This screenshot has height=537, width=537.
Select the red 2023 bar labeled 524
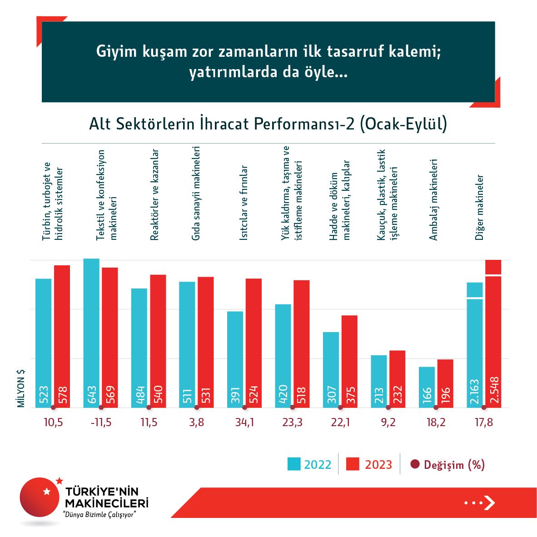coord(254,343)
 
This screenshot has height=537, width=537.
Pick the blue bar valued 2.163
coord(475,345)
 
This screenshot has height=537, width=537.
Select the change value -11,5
coord(101,423)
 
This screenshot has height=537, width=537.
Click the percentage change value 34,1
coord(244,423)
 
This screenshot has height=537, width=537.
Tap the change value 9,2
coord(388,423)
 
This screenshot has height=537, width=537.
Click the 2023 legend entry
coord(369,464)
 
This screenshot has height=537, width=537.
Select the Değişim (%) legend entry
coord(447,464)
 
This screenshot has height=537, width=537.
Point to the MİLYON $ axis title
coord(21,388)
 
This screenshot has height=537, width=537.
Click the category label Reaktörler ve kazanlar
coord(155,194)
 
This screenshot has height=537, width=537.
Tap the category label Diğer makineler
coord(480,207)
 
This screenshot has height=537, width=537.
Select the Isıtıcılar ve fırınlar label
coord(244,203)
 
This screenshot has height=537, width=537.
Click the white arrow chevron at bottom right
coord(489,502)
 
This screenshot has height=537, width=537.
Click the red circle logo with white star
coord(40,497)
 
